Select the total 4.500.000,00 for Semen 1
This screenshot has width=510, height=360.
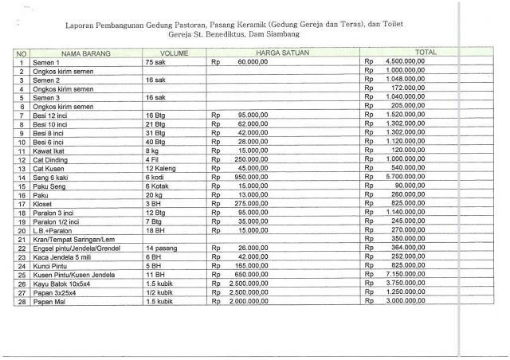pos(414,61)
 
